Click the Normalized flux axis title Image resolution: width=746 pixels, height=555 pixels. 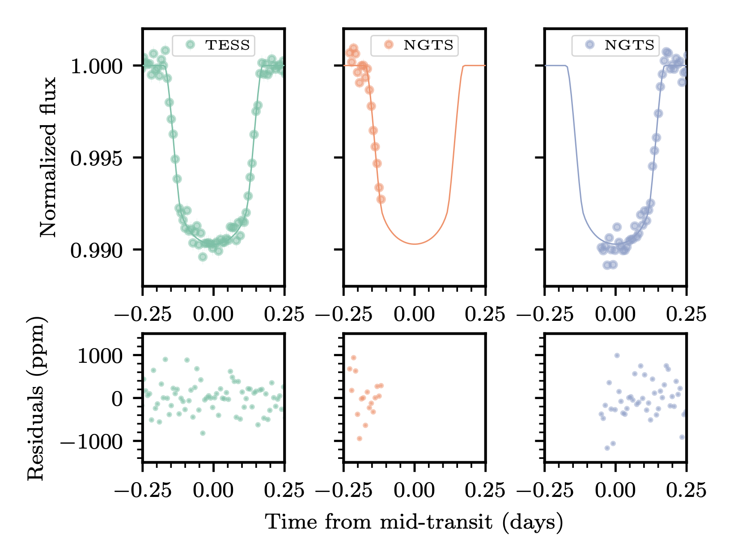click(x=48, y=157)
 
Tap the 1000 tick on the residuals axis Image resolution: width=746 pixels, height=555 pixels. click(x=100, y=356)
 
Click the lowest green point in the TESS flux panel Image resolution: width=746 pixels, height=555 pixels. click(x=203, y=257)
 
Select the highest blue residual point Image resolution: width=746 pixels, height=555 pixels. click(x=617, y=356)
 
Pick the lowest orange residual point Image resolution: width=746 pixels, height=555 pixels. click(x=359, y=439)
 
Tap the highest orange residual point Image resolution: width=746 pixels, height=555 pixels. click(x=353, y=357)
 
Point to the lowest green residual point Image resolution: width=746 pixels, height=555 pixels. click(x=203, y=433)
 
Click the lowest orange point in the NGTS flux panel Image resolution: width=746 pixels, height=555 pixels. click(x=381, y=199)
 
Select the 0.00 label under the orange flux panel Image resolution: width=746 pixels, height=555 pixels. click(x=414, y=315)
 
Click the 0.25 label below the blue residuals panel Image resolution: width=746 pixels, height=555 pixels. click(x=686, y=491)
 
